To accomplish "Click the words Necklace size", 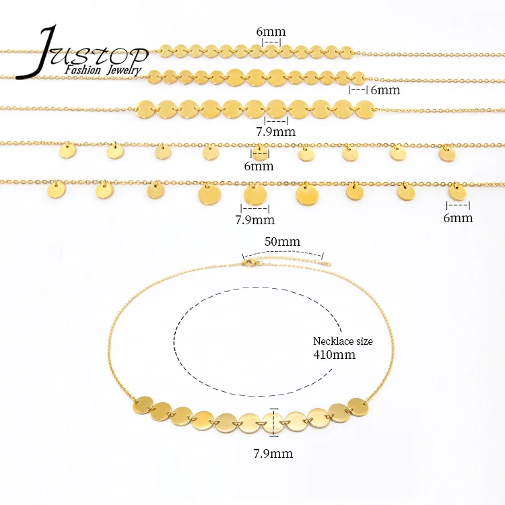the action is tap(343, 341).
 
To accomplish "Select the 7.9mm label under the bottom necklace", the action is tap(274, 453).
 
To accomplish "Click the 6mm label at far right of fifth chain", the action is tap(459, 217).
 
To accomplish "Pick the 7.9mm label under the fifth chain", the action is tap(255, 220).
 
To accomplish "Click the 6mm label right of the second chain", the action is tap(385, 90).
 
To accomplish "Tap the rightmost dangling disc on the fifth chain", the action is tap(457, 191).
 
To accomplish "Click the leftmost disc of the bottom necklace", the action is tap(143, 405).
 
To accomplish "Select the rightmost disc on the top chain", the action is tap(346, 51).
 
